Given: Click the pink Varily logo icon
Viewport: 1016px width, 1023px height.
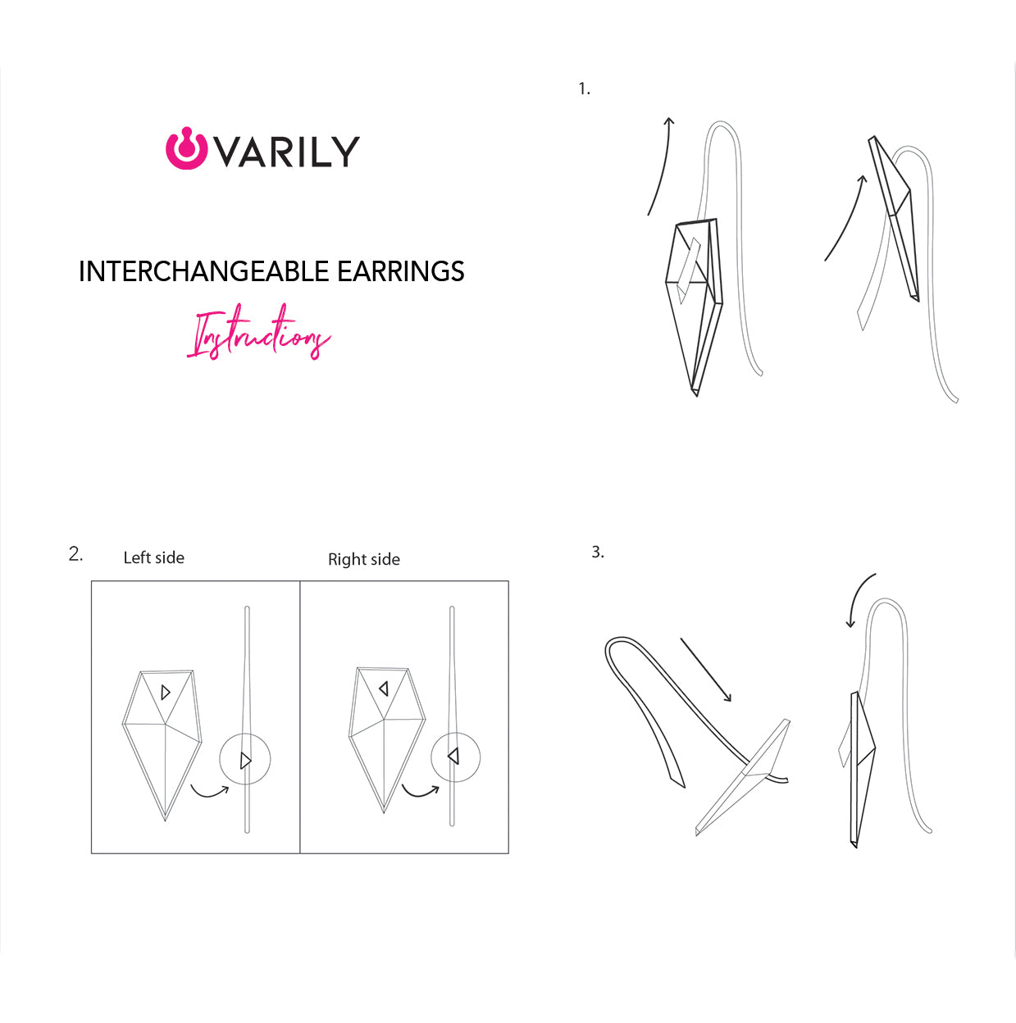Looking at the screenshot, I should (186, 149).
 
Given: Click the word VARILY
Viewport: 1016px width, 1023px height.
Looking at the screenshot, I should (287, 152).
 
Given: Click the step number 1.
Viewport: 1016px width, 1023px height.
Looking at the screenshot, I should (583, 89).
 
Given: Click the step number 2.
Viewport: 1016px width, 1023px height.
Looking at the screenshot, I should (75, 554).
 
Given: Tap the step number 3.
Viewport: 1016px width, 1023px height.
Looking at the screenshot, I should (597, 552).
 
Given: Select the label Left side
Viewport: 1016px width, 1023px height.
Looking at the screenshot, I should (153, 558).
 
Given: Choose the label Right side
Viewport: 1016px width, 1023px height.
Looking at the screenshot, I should (363, 560).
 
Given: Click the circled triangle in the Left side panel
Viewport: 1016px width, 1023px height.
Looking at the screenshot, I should (245, 760).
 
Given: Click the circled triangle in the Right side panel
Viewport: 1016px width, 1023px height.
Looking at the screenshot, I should (454, 756).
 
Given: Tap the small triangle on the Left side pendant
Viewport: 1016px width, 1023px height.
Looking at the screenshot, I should (166, 693).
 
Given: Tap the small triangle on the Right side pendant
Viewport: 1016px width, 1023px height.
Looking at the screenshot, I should (383, 689).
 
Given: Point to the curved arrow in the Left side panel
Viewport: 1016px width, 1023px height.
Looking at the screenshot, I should (209, 791).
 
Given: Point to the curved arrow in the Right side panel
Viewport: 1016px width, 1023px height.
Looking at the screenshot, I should (420, 791).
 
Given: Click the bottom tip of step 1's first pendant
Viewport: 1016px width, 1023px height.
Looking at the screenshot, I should (696, 393).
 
